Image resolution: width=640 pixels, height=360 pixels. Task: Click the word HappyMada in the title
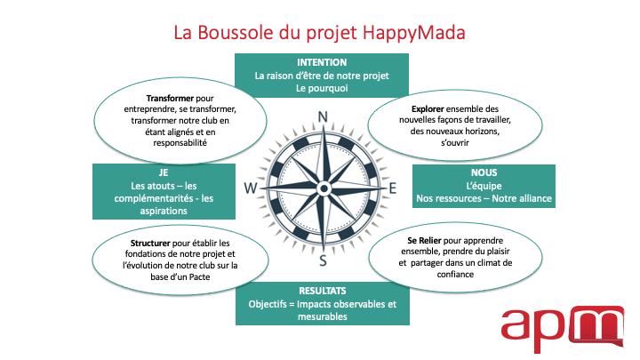[413, 34]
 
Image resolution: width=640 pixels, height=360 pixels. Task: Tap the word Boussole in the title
[236, 32]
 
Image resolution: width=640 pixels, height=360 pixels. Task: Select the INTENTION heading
[322, 62]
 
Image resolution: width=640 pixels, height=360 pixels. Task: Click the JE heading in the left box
[164, 172]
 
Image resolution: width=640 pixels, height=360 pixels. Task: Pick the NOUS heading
[484, 172]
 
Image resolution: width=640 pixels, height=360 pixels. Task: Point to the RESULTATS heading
[323, 291]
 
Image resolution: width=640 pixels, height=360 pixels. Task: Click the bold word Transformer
[170, 99]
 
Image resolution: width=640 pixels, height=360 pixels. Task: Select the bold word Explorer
[428, 109]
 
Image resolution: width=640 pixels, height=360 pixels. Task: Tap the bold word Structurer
[150, 244]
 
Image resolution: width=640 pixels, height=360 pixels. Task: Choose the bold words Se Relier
[424, 241]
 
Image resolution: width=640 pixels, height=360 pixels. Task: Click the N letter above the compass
[323, 116]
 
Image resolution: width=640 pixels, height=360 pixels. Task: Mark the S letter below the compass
[323, 260]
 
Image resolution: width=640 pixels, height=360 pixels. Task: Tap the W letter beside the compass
[251, 188]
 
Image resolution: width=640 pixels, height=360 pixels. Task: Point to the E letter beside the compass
[393, 188]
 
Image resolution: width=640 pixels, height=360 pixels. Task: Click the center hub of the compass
[324, 188]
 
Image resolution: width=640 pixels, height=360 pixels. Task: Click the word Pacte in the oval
[200, 277]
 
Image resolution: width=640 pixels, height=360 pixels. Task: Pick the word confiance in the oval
[455, 275]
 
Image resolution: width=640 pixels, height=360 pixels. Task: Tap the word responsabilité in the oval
[180, 143]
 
